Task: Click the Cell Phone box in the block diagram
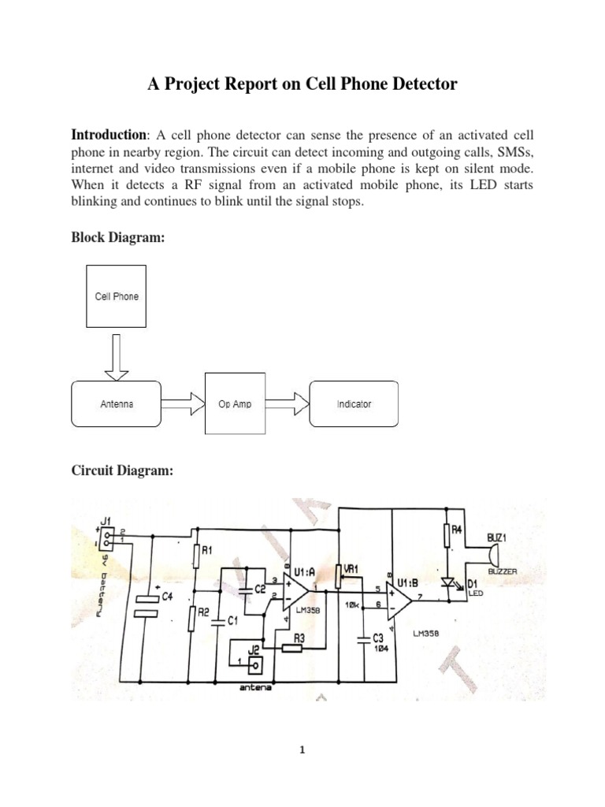pos(116,296)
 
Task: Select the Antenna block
pos(116,404)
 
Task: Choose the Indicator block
pos(354,404)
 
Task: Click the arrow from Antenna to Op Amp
pos(183,404)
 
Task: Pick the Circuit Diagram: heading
pos(122,470)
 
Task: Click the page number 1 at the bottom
pos(302,750)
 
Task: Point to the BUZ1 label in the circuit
pos(499,537)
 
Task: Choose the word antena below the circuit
pos(256,687)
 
